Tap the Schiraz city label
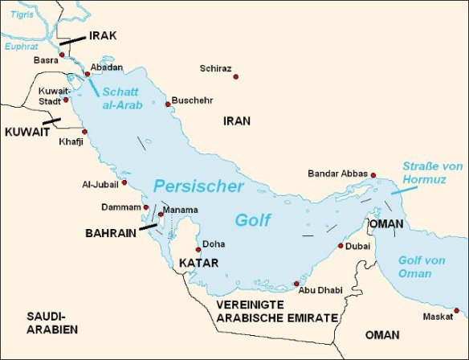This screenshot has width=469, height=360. [215, 69]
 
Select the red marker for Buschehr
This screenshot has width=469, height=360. [168, 104]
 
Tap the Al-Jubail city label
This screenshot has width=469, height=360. [99, 183]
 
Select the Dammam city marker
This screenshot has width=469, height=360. [145, 207]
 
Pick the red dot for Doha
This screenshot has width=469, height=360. [198, 249]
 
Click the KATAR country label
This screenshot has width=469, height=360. [197, 264]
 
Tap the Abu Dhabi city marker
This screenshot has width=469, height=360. [296, 284]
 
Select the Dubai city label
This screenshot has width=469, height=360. [357, 247]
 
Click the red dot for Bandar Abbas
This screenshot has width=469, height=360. [373, 174]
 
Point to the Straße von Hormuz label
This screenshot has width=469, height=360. [432, 173]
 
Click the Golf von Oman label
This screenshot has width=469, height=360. [426, 267]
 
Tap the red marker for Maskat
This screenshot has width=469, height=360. [456, 310]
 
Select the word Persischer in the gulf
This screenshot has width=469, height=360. [198, 186]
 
